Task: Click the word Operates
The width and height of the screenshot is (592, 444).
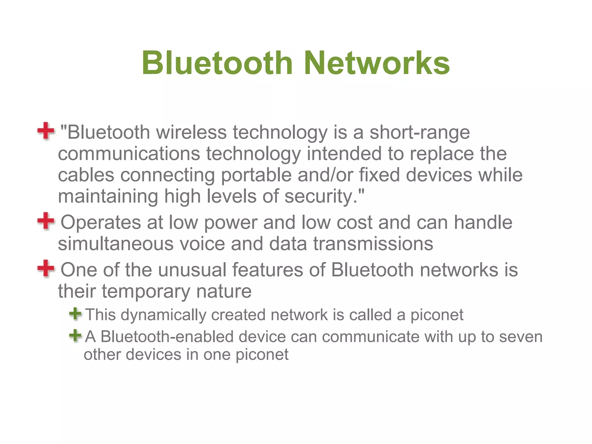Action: click(101, 223)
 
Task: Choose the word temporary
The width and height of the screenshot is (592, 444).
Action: click(146, 291)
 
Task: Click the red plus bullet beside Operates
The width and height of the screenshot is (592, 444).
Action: click(46, 221)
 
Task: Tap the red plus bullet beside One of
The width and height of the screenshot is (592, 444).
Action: click(46, 268)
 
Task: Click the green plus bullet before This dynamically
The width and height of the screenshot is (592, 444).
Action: click(75, 314)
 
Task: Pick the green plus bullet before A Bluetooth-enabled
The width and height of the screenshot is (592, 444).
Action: click(75, 336)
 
